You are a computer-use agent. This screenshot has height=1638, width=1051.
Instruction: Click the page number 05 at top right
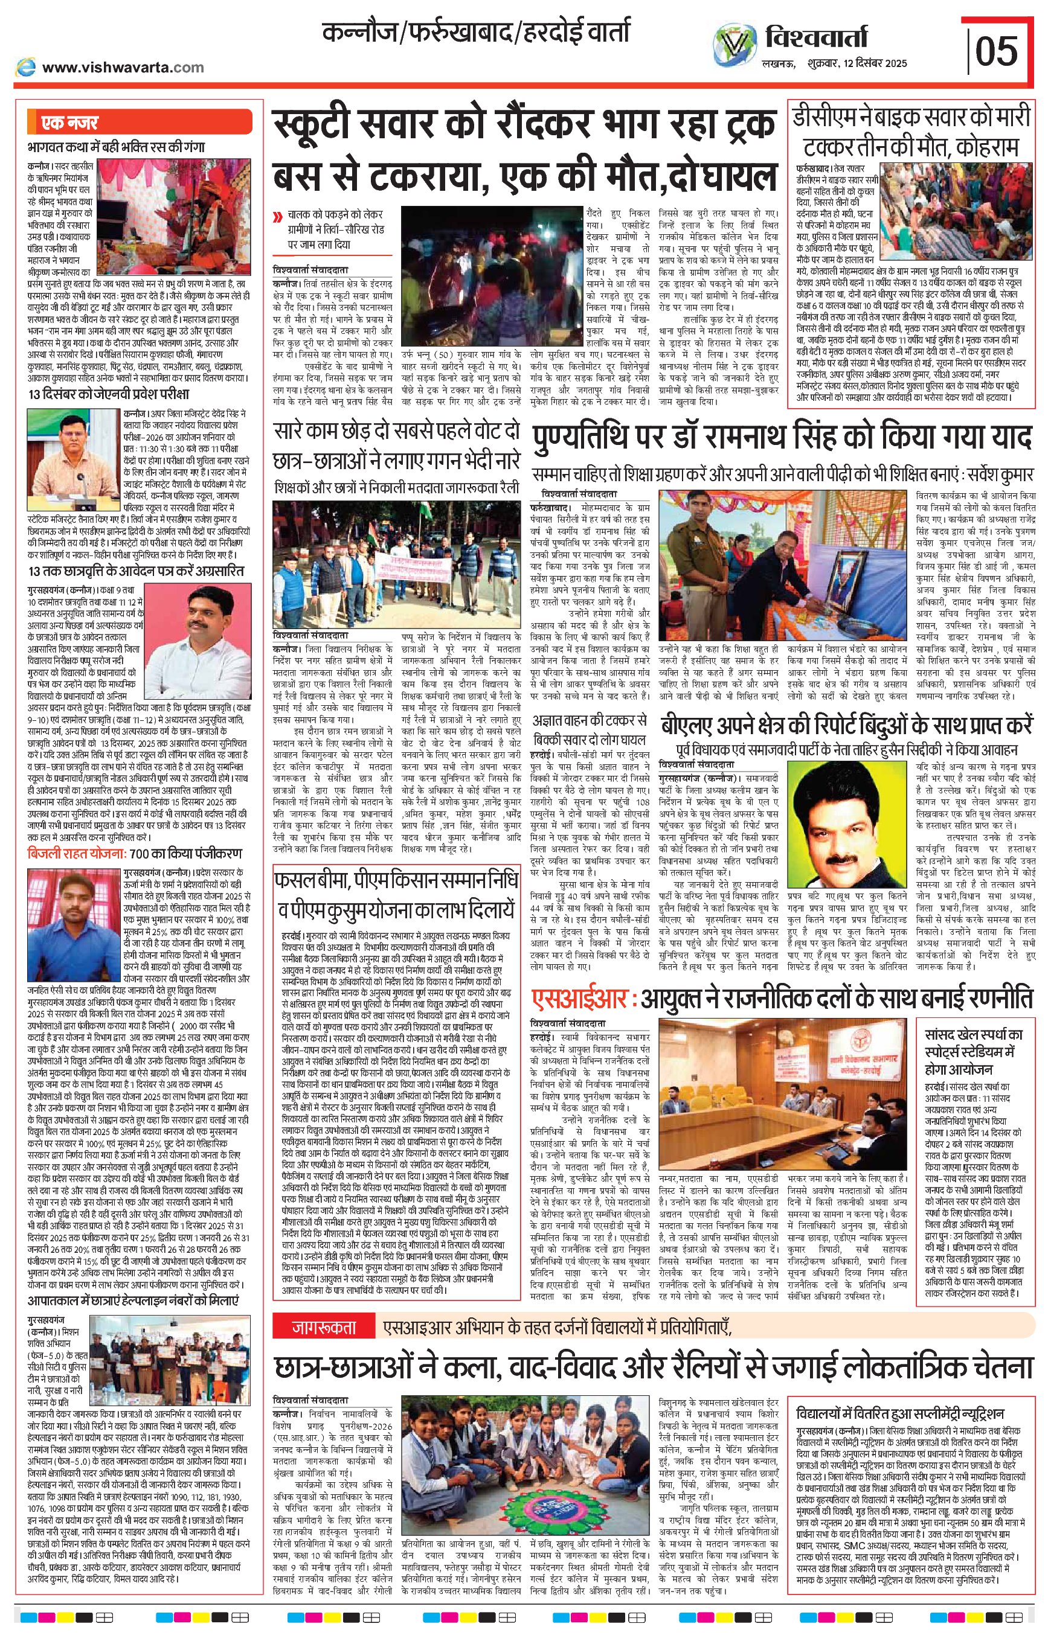[997, 51]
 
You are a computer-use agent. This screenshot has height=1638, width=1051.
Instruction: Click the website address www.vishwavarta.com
[123, 67]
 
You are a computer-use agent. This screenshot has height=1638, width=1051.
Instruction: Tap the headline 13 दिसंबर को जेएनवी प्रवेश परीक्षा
[109, 394]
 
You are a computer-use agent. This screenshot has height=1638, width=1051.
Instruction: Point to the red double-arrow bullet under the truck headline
[277, 219]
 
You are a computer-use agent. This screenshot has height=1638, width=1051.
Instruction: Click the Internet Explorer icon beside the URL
[26, 66]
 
